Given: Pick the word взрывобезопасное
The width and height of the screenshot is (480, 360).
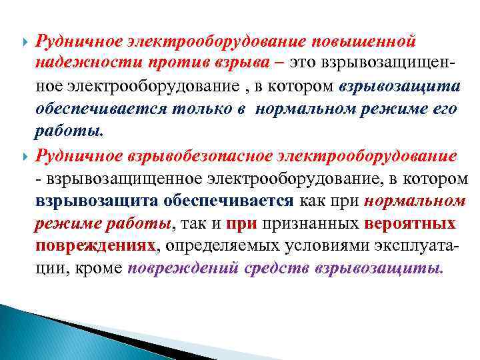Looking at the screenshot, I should click(165, 155).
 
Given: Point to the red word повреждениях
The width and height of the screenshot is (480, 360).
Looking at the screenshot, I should click(97, 246).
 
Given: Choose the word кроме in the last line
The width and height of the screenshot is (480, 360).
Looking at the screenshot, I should click(101, 269).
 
